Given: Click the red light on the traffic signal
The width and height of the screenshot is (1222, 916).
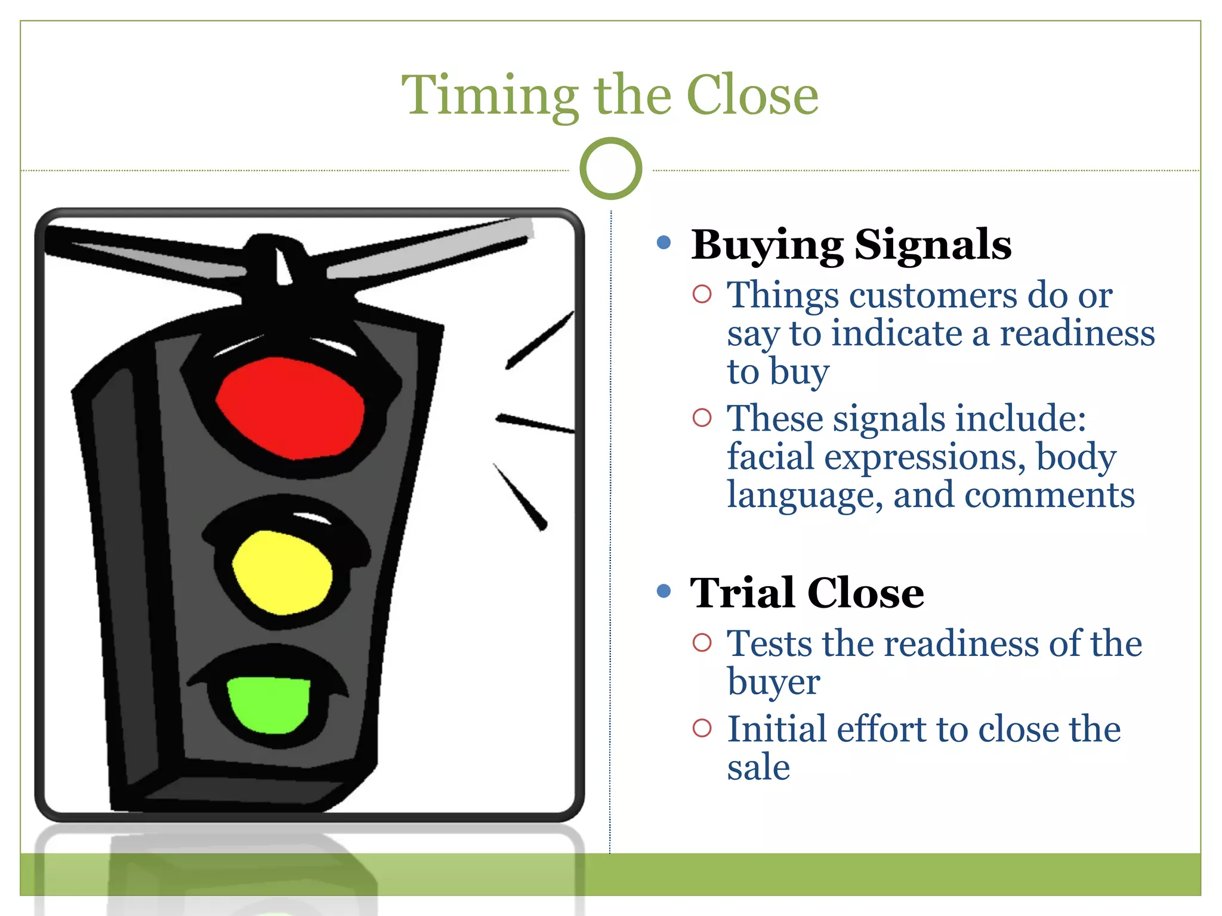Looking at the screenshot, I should click(291, 408).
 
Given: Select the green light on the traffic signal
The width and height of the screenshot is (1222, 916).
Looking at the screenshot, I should click(269, 704).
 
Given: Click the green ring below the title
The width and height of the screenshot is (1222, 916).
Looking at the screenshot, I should click(610, 169).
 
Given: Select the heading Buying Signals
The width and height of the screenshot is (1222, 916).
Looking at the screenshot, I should click(851, 245).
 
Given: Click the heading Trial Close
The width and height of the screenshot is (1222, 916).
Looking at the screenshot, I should click(807, 593).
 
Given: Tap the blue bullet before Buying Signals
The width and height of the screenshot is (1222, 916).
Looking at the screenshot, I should click(664, 242).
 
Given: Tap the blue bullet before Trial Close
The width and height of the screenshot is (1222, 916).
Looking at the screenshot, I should click(664, 591).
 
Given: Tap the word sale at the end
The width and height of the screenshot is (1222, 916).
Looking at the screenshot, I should click(758, 768).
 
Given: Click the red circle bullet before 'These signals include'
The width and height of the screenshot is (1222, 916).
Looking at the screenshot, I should click(702, 417).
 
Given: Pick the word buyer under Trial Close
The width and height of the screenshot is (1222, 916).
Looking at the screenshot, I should click(773, 683).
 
